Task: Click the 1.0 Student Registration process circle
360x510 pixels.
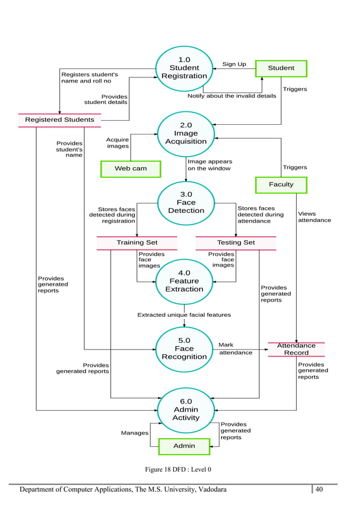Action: coord(184,68)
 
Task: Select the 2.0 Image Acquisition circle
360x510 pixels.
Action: coord(186,133)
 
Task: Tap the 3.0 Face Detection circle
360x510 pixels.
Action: coord(186,203)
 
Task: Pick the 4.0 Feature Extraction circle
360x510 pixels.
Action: coord(184,281)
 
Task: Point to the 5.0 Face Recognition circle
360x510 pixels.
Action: coord(184,348)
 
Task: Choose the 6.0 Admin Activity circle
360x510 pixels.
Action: coord(186,409)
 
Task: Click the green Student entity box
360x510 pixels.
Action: coord(281,68)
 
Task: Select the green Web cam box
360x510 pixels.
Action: coord(130,168)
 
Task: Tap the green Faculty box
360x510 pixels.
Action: coord(281,184)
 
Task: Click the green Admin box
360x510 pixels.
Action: coord(184,446)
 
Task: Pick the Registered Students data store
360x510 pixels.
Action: coord(60,120)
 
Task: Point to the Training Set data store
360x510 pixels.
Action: coord(137,243)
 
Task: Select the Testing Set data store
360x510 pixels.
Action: coord(236,243)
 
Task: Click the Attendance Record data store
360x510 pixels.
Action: coord(296,349)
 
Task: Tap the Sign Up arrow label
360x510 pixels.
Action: coord(234,64)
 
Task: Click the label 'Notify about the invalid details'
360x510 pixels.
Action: coord(231,96)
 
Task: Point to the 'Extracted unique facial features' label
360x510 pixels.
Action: coord(184,315)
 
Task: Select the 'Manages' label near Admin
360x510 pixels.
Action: coord(135,433)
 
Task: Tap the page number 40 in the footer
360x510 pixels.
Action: coord(319,489)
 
